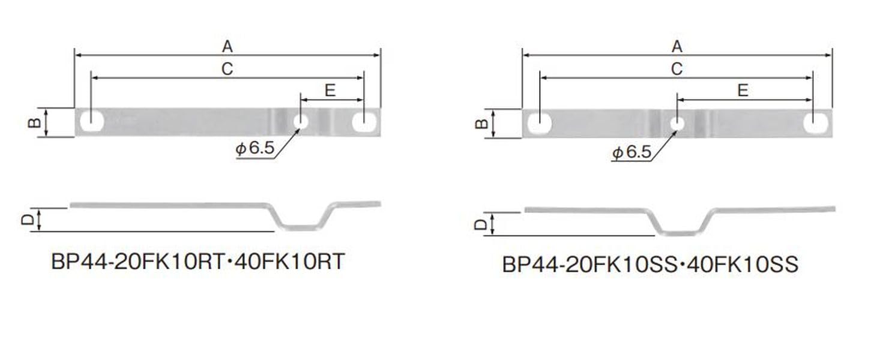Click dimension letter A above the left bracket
(x=227, y=46)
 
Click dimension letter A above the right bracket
(x=677, y=46)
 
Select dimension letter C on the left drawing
(x=227, y=69)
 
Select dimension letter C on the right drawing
(x=677, y=69)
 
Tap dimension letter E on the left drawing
(x=330, y=91)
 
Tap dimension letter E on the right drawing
(x=743, y=91)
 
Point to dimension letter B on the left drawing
(x=34, y=123)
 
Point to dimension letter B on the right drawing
(x=481, y=124)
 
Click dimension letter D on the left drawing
(x=27, y=220)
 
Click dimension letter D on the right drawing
(x=480, y=224)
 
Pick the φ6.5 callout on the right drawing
(x=631, y=153)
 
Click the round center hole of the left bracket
(x=301, y=122)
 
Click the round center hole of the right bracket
(x=677, y=124)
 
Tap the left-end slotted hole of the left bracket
(x=92, y=122)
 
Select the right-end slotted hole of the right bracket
(x=815, y=124)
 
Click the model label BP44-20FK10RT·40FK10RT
(x=198, y=262)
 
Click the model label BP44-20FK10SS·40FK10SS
(x=650, y=265)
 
